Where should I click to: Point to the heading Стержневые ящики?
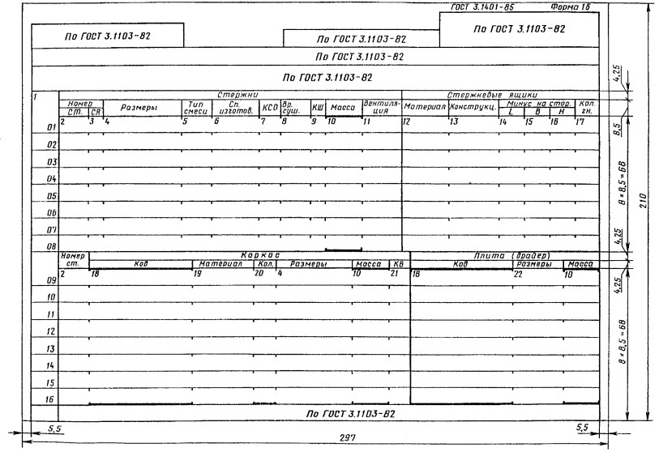point(499,96)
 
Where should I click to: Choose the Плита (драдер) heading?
point(503,254)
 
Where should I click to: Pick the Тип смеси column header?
point(195,107)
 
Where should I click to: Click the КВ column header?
point(397,264)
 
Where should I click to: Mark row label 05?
point(50,196)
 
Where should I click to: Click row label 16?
point(50,400)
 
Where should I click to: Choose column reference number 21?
point(394,273)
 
